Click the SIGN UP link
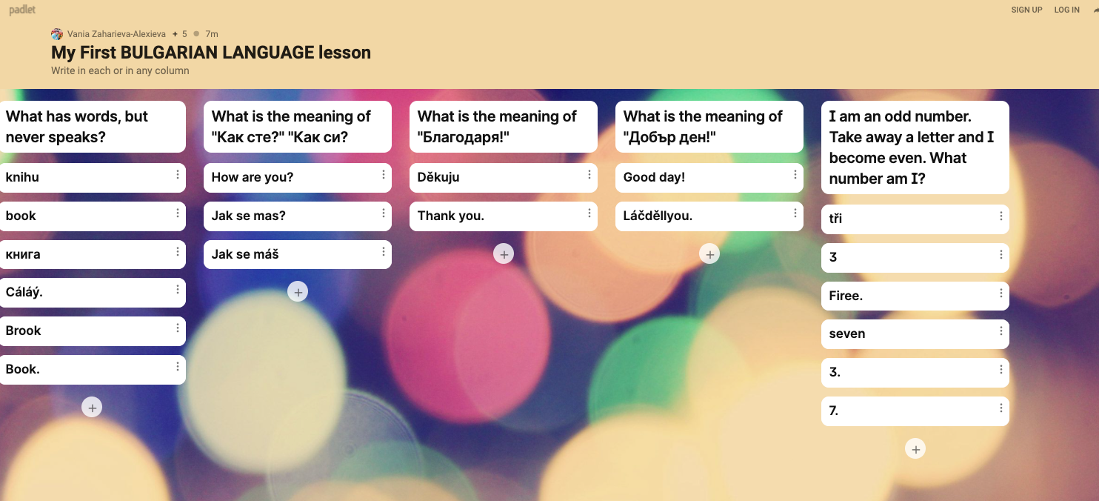(x=1026, y=10)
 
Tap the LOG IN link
(x=1066, y=10)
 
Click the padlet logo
(x=22, y=10)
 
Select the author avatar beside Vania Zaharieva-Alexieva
(x=57, y=34)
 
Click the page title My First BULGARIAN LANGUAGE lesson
(x=211, y=53)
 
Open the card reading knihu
(x=93, y=177)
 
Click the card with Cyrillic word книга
(x=93, y=254)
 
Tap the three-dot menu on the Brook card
(x=178, y=328)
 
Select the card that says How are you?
(x=297, y=177)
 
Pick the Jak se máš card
(x=297, y=254)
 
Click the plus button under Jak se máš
(x=298, y=292)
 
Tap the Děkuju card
(x=504, y=177)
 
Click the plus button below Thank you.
(x=504, y=254)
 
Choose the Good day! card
(x=709, y=177)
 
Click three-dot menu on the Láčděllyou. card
(x=795, y=213)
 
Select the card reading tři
(x=915, y=219)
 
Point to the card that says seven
(x=915, y=334)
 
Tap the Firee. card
(x=915, y=296)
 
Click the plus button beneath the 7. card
(x=915, y=449)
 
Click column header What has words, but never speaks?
(x=93, y=127)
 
